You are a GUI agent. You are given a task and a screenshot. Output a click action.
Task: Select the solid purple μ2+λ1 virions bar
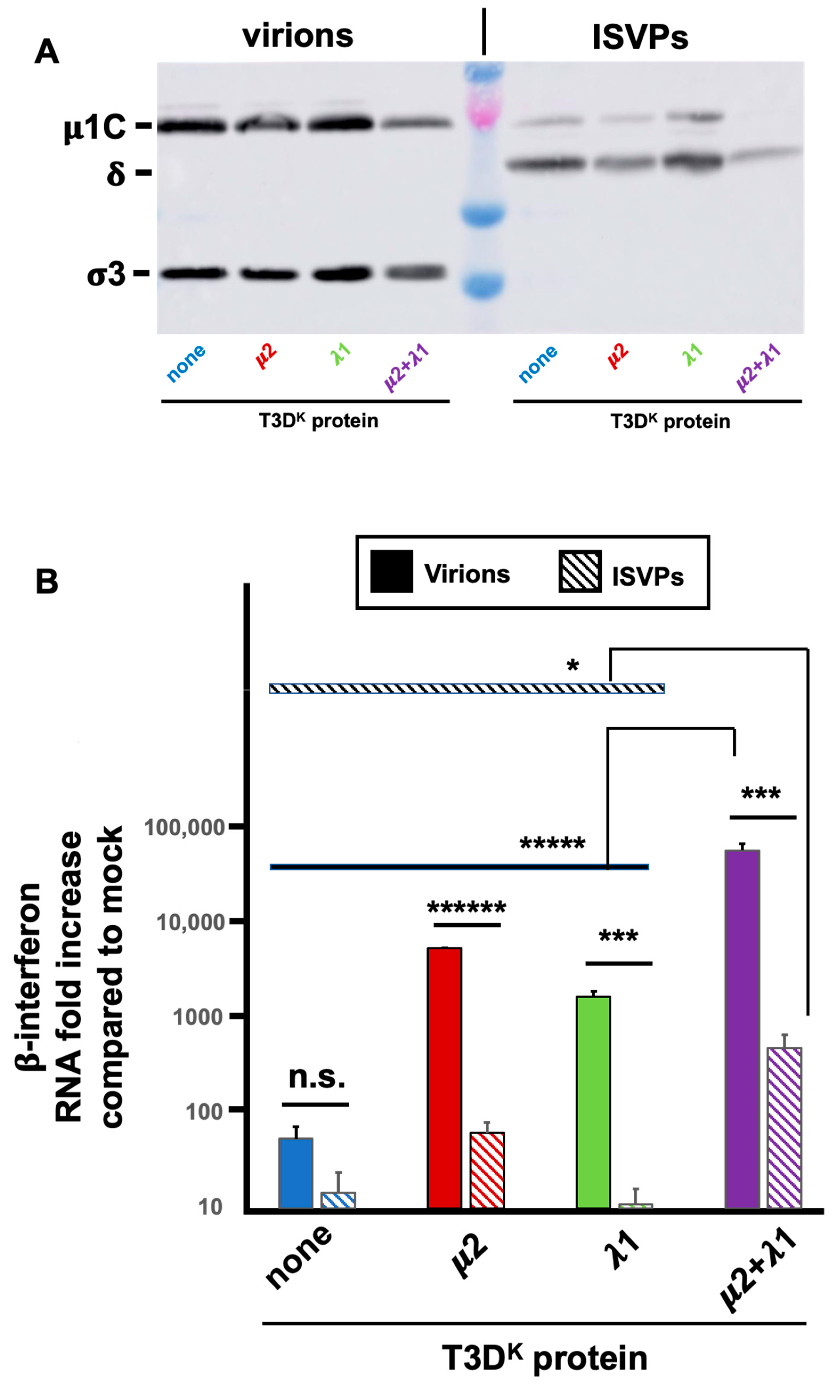[x=742, y=1029]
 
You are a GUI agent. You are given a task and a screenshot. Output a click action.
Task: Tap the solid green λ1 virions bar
[x=593, y=1102]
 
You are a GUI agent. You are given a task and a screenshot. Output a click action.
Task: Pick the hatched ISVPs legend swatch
[x=580, y=571]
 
